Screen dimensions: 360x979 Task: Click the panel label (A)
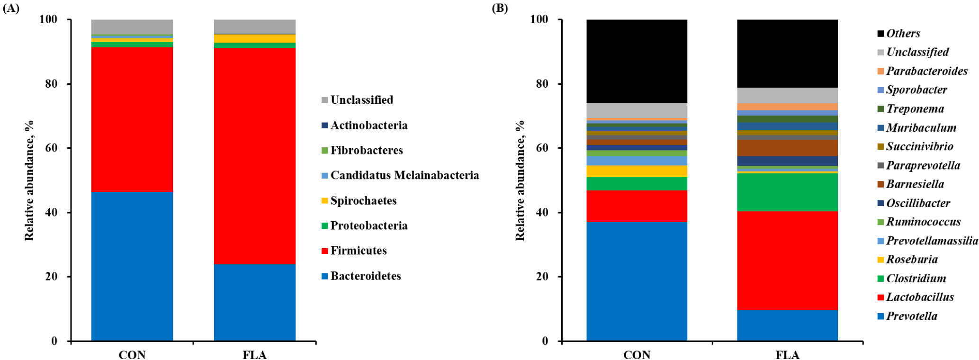pos(11,8)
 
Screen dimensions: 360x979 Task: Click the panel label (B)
pos(500,8)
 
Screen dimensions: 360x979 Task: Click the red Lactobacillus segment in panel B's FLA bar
pos(787,261)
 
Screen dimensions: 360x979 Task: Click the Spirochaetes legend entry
pos(363,201)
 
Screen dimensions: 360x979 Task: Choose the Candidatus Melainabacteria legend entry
pos(404,176)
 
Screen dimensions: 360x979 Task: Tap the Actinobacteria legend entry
pos(369,126)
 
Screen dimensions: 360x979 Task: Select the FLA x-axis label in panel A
pos(254,355)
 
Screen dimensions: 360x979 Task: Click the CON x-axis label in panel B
pos(637,355)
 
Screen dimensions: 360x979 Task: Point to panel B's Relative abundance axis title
pos(520,180)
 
